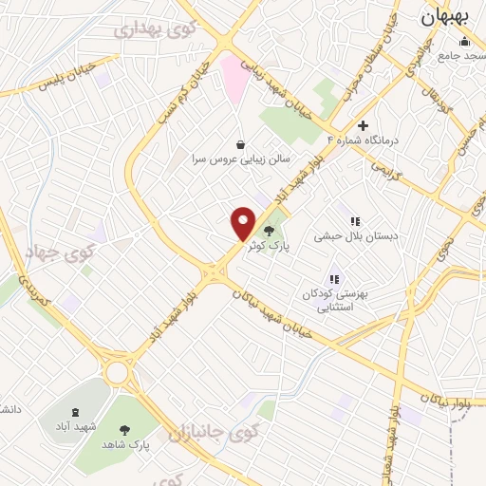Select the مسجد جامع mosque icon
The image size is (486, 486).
tap(463, 41)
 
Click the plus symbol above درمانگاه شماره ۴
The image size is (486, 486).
tap(362, 125)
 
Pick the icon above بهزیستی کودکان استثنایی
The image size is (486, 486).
tap(333, 279)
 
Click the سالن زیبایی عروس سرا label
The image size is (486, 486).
tap(238, 159)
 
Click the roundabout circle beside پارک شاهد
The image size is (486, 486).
tap(118, 372)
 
